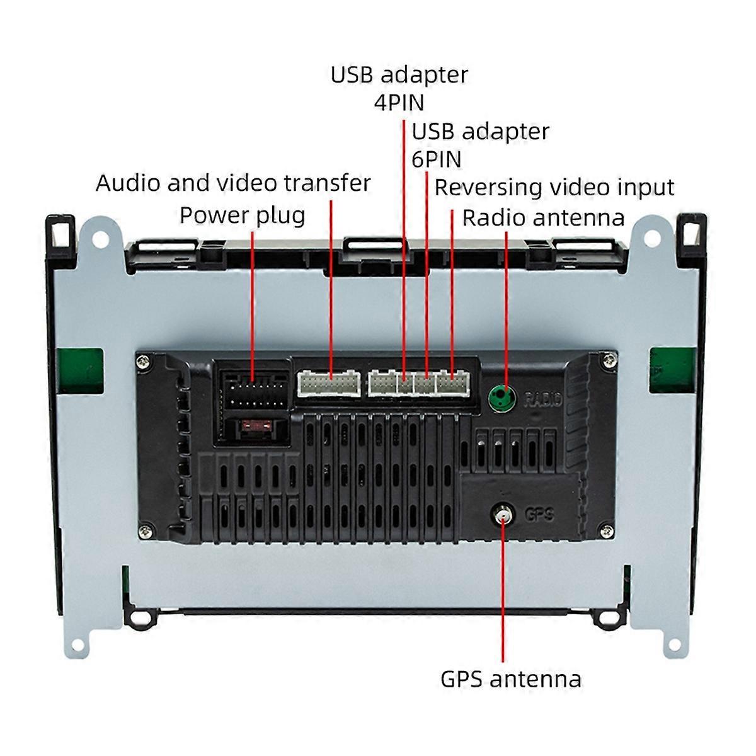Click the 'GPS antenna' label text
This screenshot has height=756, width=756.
(511, 680)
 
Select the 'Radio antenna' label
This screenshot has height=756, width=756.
(544, 218)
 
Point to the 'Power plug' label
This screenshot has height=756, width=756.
(243, 216)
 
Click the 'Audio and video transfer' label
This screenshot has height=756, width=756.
(234, 183)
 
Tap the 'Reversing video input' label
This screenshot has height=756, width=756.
(554, 187)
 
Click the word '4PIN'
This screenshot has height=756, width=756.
(399, 103)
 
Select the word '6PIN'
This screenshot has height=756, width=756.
(436, 159)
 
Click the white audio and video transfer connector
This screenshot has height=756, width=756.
(329, 383)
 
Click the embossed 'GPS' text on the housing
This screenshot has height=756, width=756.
(539, 515)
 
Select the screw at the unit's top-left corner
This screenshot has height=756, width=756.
(145, 362)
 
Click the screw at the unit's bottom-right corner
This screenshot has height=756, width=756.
(607, 532)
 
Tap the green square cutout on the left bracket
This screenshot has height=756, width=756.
(81, 370)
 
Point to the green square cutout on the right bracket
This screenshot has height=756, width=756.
(672, 370)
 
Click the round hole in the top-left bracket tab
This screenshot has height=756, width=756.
(100, 239)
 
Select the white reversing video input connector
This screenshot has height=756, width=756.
(453, 382)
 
